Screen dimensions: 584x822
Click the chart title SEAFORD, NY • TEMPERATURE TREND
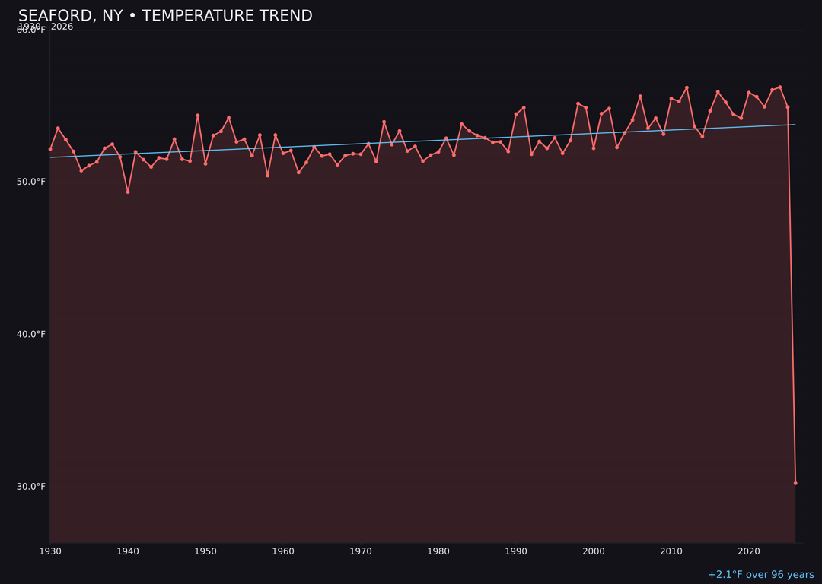(165, 16)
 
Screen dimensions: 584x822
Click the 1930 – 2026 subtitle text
(46, 27)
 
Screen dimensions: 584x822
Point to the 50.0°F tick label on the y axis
(31, 182)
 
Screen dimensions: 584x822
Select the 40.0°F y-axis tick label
(31, 334)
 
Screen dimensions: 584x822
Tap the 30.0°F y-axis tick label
(31, 487)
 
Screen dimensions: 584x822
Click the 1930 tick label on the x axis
(50, 551)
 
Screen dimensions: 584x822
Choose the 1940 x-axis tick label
(128, 551)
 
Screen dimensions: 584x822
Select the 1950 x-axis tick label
(205, 551)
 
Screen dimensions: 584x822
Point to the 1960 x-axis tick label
(283, 551)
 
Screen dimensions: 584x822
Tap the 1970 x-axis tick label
(361, 551)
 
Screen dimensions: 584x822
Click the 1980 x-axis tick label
(438, 551)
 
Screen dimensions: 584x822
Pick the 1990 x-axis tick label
(516, 551)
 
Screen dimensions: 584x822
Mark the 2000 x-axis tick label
(594, 551)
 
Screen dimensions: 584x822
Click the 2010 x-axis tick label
(671, 551)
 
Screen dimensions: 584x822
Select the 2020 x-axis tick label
(749, 551)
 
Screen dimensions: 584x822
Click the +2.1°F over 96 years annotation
(760, 575)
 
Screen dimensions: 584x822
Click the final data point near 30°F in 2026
(795, 483)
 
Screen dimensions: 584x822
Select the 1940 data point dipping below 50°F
(128, 192)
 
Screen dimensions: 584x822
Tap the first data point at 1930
(50, 149)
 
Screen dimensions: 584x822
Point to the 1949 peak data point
(198, 116)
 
